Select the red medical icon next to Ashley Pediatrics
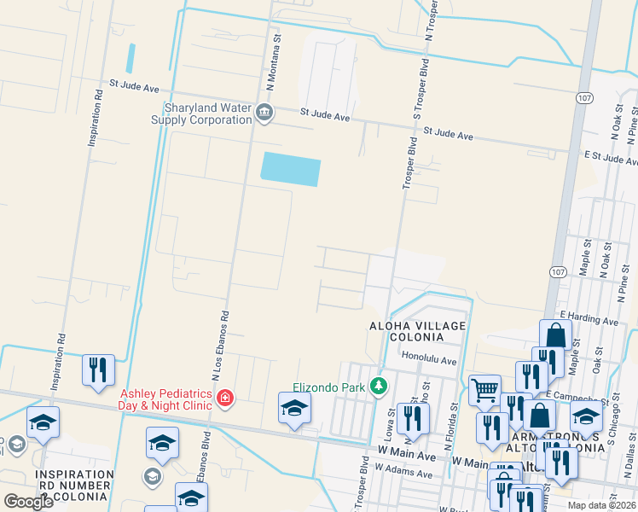[225, 398]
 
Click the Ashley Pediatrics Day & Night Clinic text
[165, 399]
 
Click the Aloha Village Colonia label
[417, 332]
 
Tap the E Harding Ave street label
[589, 319]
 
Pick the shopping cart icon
[484, 391]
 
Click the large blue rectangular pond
[290, 169]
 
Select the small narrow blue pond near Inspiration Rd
[130, 58]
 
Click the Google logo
[28, 502]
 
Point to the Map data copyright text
[602, 505]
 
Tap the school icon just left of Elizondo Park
[294, 408]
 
